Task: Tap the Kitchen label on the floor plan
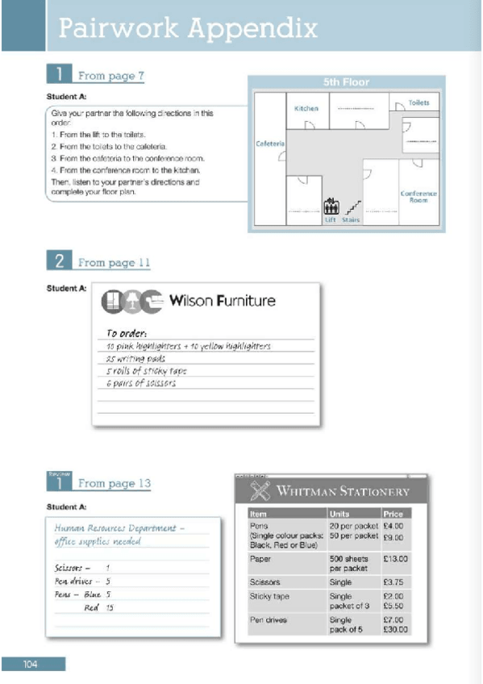(306, 108)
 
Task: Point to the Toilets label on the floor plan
(418, 103)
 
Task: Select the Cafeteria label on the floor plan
(270, 144)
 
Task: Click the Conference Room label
(418, 197)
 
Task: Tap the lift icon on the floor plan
(330, 207)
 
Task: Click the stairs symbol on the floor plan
(352, 207)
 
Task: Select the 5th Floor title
(346, 82)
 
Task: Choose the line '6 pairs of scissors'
(141, 383)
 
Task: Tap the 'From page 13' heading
(114, 483)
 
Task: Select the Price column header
(393, 513)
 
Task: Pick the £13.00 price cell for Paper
(395, 558)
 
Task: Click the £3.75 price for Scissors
(393, 582)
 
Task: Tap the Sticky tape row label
(269, 596)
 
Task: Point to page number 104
(31, 664)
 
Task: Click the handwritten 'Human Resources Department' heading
(119, 528)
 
